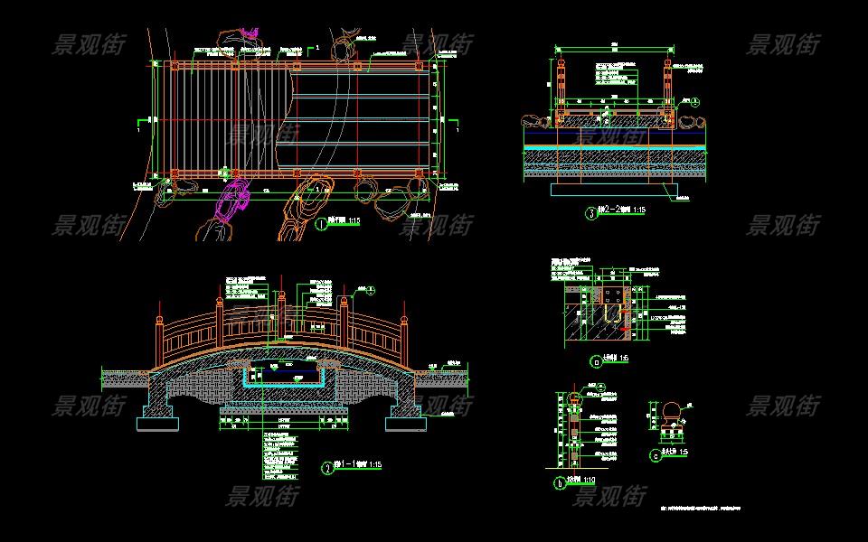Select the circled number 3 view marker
point(591,214)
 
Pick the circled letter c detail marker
point(655,456)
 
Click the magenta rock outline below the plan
point(233,200)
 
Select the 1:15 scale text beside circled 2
point(373,464)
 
